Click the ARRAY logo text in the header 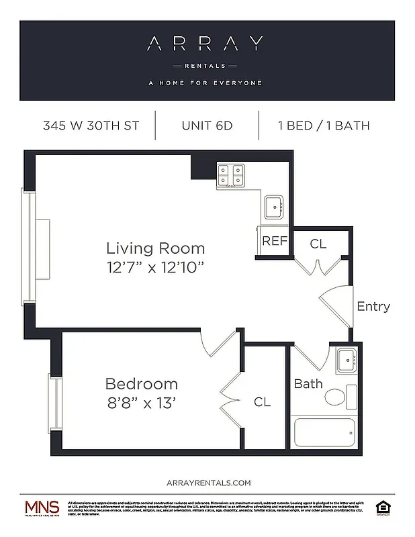point(207,45)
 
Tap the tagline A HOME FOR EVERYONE point(207,83)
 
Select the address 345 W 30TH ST point(91,126)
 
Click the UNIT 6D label point(207,126)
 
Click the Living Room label point(155,247)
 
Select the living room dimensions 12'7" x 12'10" point(155,266)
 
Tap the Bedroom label point(142,384)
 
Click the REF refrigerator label point(274,242)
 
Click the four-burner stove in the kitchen point(230,175)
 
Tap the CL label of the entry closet point(318,244)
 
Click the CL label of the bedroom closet point(262,402)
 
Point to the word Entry point(373,306)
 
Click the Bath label point(308,384)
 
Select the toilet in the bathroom point(339,396)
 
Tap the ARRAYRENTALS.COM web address point(207,483)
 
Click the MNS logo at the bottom point(42,507)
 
